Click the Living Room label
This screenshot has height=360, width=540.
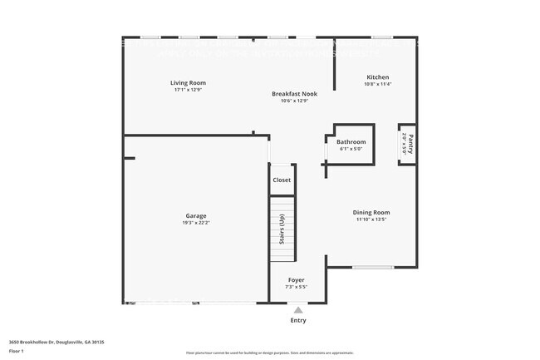coord(188,83)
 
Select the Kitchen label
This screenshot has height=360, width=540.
coord(378,77)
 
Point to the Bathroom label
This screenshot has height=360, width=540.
coord(351,142)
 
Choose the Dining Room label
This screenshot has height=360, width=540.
coord(372,212)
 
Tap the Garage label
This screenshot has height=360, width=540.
coord(196,215)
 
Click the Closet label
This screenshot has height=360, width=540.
coord(282,180)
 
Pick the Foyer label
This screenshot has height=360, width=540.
coord(297,280)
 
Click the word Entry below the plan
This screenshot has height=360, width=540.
coord(297,320)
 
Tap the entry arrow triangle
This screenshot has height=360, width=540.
coord(297,309)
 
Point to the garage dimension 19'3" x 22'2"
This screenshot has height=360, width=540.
coord(196,223)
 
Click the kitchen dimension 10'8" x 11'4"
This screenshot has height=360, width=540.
coord(378,84)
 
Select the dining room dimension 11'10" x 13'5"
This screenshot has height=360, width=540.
coord(372,219)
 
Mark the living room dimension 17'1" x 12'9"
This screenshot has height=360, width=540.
coord(188,90)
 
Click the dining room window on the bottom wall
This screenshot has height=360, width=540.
coord(373,267)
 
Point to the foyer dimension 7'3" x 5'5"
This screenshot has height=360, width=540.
coord(297,287)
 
